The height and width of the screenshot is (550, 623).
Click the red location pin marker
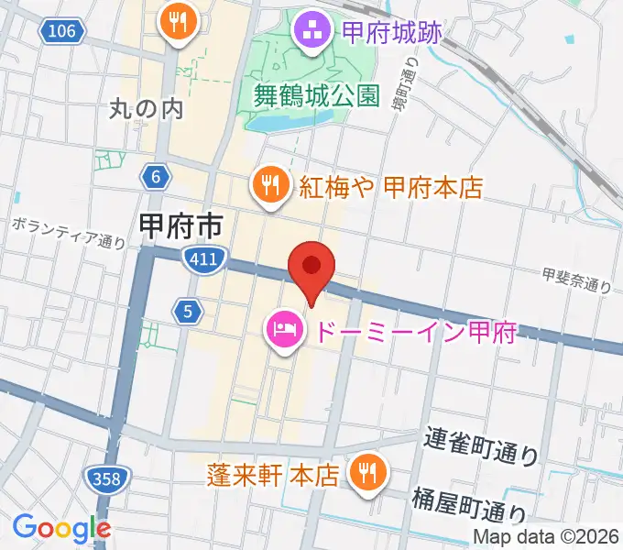[311, 269]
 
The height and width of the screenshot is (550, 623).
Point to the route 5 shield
[188, 312]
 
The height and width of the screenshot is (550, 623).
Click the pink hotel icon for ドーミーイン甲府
[281, 328]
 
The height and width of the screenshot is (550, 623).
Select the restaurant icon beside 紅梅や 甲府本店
[268, 187]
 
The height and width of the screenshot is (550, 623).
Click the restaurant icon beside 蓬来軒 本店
[369, 473]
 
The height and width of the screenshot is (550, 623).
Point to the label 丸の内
[147, 110]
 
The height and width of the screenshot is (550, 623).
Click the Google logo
[61, 528]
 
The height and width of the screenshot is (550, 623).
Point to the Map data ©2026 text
[545, 537]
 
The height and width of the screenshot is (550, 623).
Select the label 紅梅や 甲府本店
[389, 188]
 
